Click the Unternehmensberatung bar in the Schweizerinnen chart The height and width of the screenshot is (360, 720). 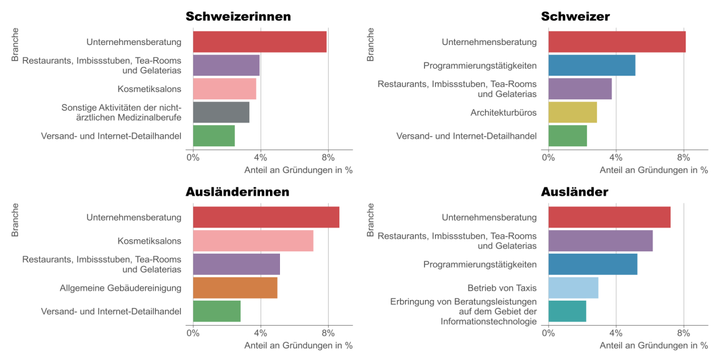(259, 42)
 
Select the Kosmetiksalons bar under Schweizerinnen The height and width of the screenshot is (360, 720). (224, 89)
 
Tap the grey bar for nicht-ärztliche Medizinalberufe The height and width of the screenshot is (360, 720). (221, 112)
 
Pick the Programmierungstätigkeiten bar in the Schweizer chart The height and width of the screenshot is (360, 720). (591, 66)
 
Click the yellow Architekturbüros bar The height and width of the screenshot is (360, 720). (572, 112)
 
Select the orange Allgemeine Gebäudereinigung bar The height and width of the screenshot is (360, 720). (235, 287)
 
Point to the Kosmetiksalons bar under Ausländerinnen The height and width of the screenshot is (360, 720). (252, 241)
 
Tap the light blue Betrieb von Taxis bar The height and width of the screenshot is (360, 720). (573, 287)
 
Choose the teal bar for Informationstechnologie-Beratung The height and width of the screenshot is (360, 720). (567, 311)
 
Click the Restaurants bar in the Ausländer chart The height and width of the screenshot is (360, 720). (600, 241)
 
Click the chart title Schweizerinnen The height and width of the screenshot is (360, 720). (238, 17)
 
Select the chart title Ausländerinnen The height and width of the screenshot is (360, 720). (237, 192)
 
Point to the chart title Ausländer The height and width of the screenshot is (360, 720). (574, 192)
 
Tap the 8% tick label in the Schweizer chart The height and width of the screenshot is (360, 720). (684, 157)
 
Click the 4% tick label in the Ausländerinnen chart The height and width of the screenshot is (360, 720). (261, 333)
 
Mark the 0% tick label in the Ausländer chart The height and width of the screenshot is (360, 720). (548, 333)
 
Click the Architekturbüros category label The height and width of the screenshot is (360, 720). (503, 112)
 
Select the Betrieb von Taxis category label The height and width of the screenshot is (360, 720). (502, 287)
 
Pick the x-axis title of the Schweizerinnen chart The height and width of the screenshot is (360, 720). (298, 170)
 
